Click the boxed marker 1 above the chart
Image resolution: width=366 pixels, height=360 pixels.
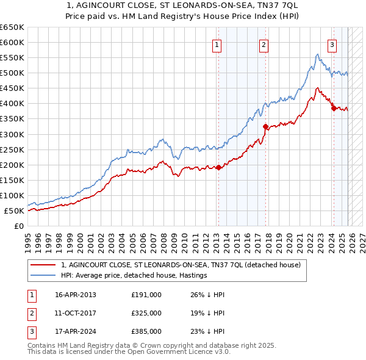(218, 44)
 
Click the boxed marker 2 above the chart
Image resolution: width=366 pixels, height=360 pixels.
(264, 44)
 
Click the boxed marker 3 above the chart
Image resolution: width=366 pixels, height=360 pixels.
(332, 44)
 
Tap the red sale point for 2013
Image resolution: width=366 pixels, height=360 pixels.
(218, 167)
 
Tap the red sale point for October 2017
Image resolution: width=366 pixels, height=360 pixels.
(265, 126)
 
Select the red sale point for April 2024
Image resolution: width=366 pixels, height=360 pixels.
(333, 108)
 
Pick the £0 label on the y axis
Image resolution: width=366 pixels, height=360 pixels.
(18, 226)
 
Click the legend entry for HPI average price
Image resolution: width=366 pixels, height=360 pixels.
(134, 275)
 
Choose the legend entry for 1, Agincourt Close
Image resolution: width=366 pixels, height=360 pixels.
(181, 265)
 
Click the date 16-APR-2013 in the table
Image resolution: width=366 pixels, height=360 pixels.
(76, 295)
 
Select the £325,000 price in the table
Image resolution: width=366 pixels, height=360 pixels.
(146, 313)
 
